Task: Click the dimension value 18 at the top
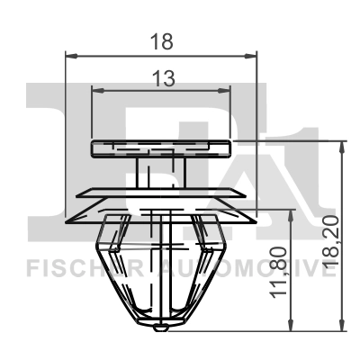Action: [162, 41]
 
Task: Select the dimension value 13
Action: [162, 80]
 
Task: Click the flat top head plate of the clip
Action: [162, 148]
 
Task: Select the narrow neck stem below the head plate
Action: [162, 173]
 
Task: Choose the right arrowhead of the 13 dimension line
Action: [227, 90]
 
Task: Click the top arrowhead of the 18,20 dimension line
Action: [341, 146]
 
